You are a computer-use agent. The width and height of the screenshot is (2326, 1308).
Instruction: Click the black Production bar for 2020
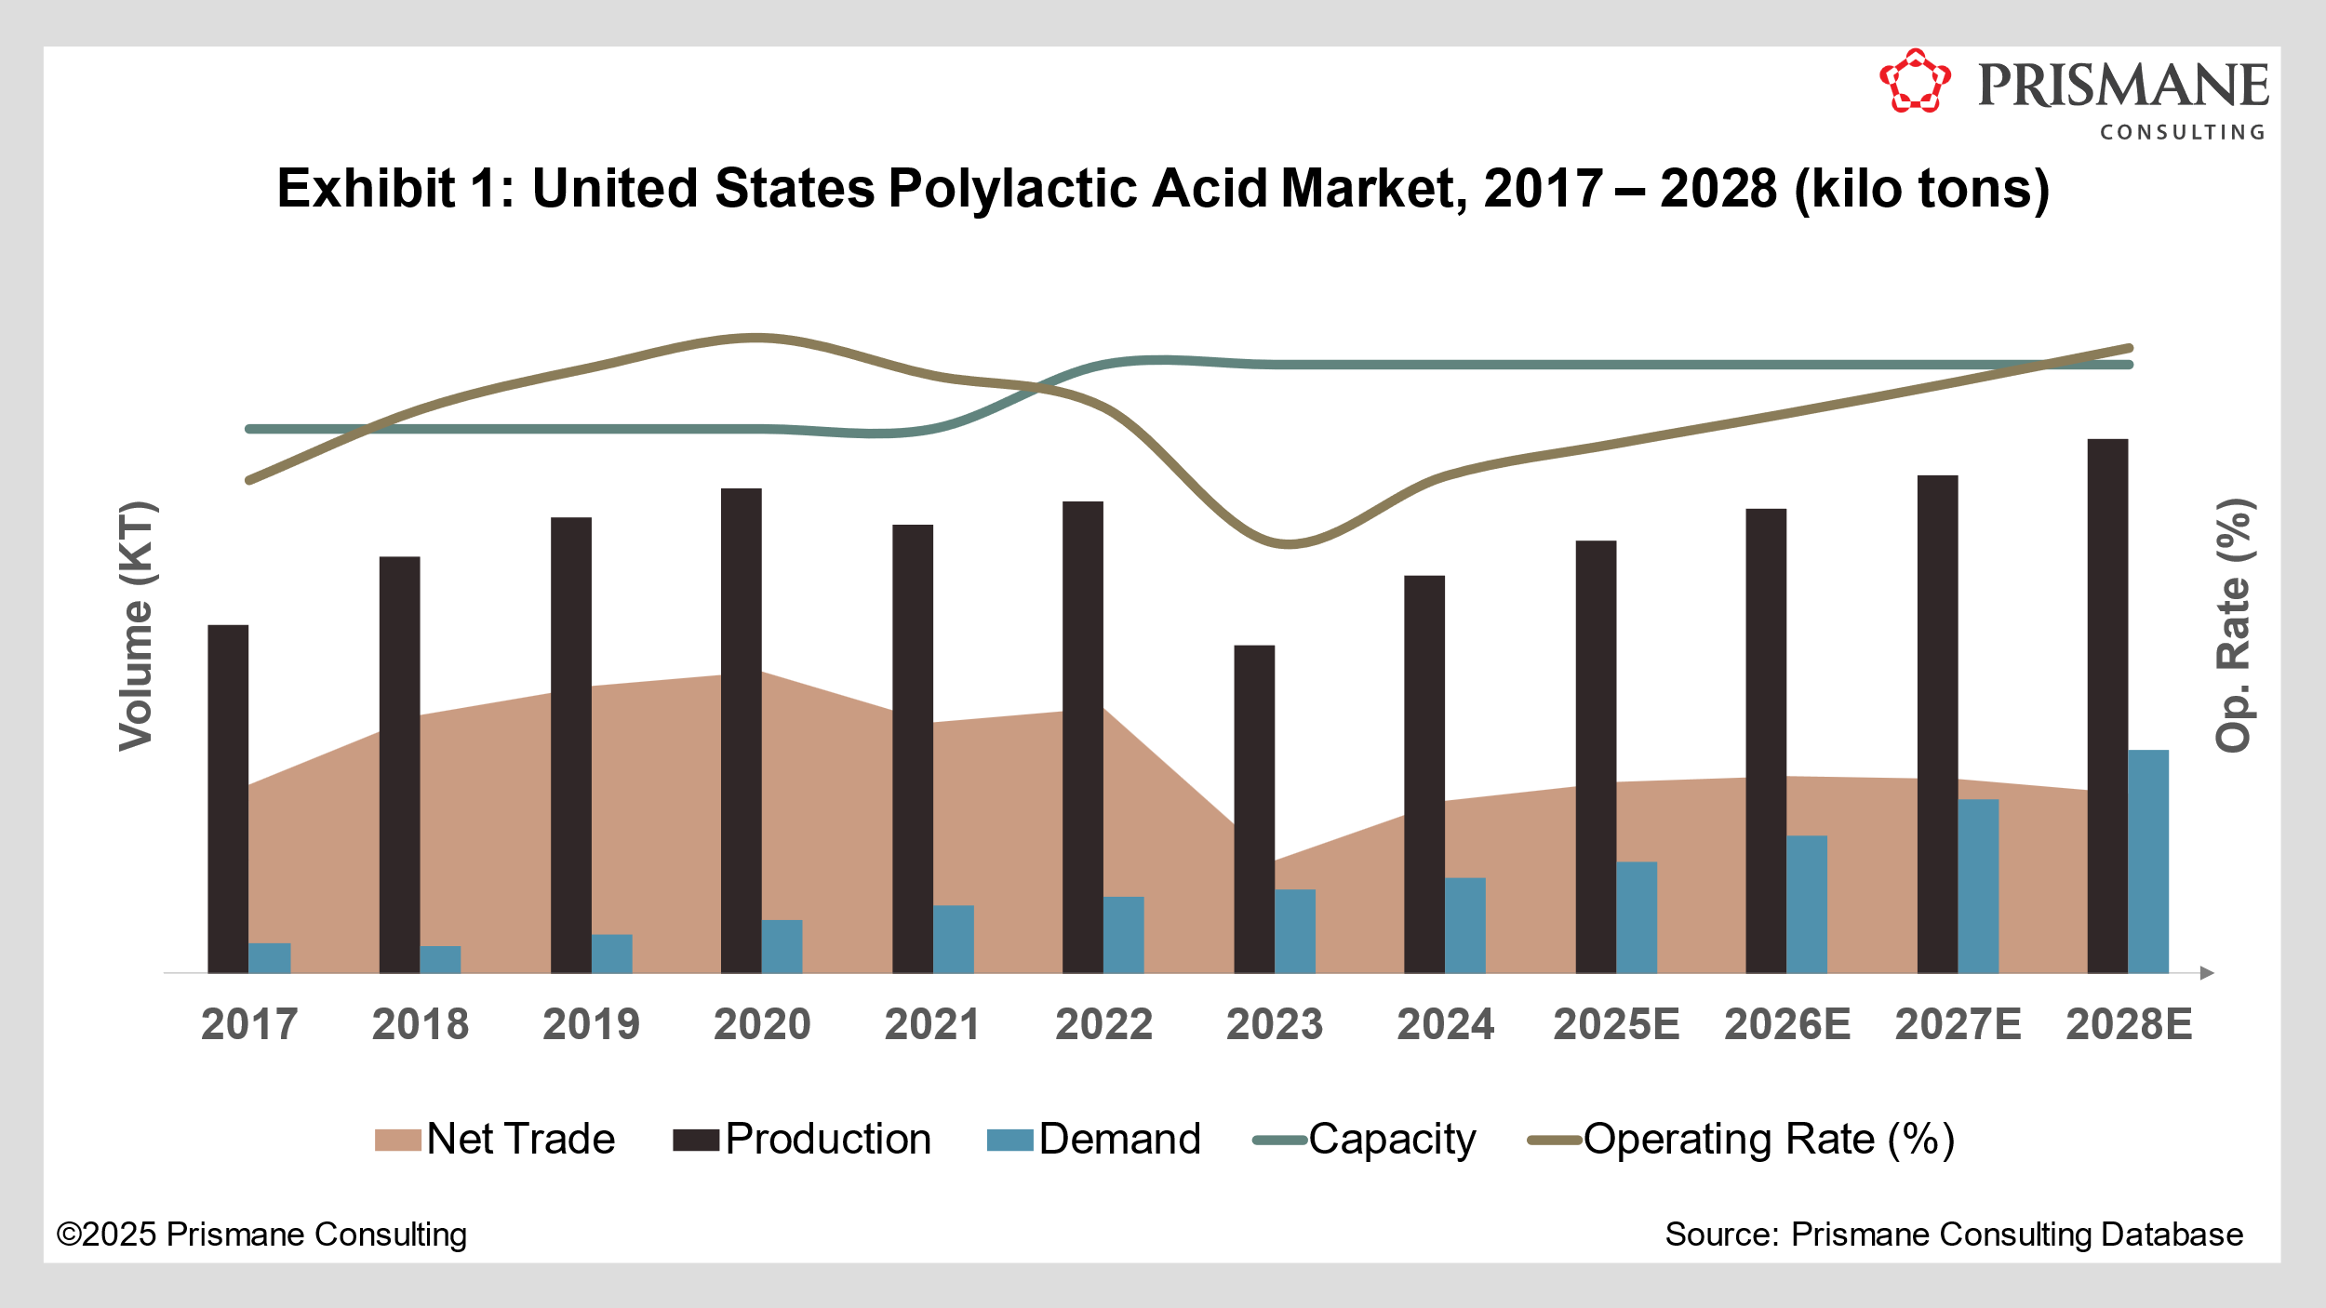coord(741,730)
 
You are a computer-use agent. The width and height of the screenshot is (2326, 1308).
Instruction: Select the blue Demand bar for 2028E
coord(2148,861)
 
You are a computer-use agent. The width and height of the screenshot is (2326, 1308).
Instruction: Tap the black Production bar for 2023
coord(1254,809)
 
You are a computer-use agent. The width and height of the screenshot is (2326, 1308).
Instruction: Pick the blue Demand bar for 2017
coord(270,958)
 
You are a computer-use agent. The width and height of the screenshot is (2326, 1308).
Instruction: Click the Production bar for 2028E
coord(2107,707)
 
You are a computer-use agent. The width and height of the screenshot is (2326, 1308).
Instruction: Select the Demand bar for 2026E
coord(1807,904)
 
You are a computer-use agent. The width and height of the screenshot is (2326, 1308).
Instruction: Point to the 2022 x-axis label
coord(1103,1025)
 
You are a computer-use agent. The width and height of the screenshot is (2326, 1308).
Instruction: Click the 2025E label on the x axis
coord(1616,1025)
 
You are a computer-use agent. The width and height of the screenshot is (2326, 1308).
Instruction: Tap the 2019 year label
coord(591,1025)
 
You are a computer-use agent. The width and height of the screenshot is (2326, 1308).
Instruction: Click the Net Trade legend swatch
coord(398,1141)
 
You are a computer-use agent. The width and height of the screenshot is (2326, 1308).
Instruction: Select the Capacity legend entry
coord(1365,1140)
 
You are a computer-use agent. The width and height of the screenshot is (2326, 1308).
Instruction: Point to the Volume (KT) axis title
coord(136,626)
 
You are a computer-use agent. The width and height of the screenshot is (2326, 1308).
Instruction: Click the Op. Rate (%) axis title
coord(2233,625)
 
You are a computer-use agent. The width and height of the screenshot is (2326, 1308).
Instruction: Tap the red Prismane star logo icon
coord(1915,82)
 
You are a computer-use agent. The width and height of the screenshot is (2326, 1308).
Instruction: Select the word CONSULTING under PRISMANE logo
coord(2182,133)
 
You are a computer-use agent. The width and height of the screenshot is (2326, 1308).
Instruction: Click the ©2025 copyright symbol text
coord(69,1235)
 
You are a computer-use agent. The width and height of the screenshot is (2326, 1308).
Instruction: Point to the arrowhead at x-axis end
coord(2207,973)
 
